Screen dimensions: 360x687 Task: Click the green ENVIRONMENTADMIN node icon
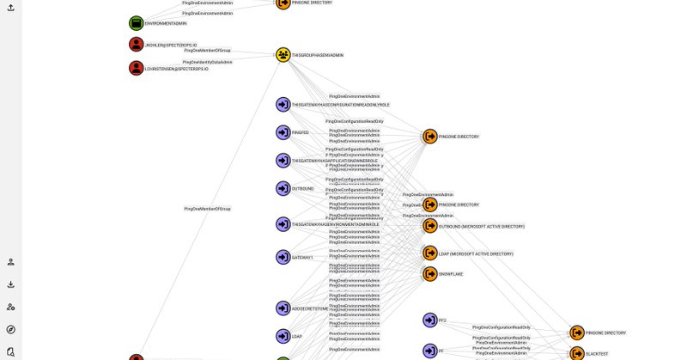coord(136,23)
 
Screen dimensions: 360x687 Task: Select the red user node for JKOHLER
coord(136,45)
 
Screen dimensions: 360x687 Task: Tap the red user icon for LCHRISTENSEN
coord(136,68)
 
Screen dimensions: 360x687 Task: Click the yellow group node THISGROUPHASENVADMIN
coord(283,55)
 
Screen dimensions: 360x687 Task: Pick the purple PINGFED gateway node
coord(283,132)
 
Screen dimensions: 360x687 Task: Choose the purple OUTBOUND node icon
coord(283,188)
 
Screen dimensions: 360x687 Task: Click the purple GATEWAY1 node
coord(283,257)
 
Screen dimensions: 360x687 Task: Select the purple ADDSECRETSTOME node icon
coord(283,308)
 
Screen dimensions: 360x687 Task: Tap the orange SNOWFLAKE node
coord(430,274)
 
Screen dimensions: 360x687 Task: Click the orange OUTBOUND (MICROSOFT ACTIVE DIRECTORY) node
coord(430,226)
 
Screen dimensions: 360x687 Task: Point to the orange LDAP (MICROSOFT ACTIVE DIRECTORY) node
coord(430,253)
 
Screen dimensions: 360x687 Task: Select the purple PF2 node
coord(430,320)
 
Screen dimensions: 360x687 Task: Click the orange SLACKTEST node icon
coord(577,353)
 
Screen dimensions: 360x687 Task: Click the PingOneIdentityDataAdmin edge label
coord(207,62)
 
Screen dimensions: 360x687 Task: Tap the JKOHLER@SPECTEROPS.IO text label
coord(171,46)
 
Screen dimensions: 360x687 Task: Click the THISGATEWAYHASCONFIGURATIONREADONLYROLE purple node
coord(283,105)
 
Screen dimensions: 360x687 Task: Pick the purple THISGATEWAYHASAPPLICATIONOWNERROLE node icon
coord(283,161)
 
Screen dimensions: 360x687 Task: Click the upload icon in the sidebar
coord(10,8)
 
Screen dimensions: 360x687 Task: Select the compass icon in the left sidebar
coord(10,329)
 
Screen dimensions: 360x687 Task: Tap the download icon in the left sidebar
coord(10,284)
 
